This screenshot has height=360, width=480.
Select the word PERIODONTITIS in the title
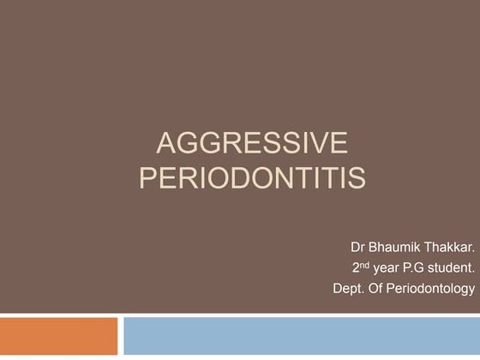tap(252, 178)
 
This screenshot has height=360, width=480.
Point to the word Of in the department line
tap(375, 288)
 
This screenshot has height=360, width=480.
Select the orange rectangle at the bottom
tap(58, 336)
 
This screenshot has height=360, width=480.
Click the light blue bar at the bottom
tap(301, 336)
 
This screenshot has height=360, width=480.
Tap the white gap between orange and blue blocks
tap(120, 336)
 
